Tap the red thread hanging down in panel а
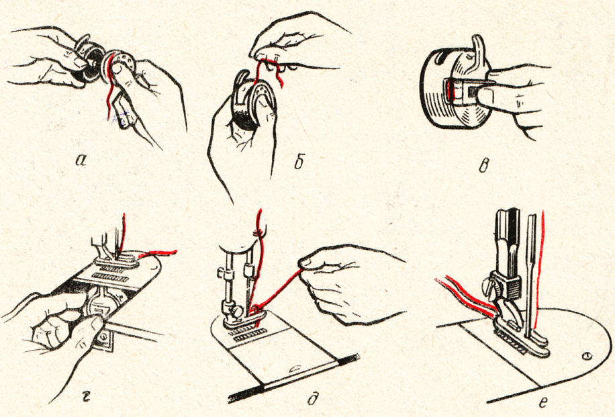[x=109, y=101]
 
